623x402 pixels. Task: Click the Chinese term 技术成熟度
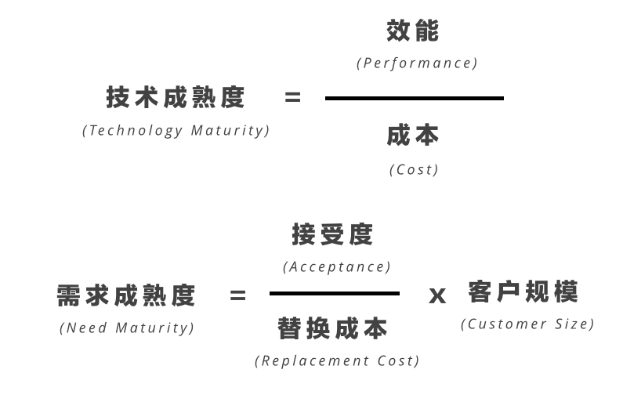(x=176, y=97)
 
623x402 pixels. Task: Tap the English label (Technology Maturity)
(x=176, y=130)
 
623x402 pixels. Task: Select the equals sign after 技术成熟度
(x=293, y=97)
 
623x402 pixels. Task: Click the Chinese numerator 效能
(x=413, y=31)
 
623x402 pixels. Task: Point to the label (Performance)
(x=417, y=63)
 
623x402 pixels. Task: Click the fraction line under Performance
(x=415, y=98)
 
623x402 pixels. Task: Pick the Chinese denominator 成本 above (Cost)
(x=413, y=135)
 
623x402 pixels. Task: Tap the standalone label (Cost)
(x=414, y=169)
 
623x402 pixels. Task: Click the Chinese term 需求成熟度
(x=126, y=295)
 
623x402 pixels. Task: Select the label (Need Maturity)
(x=127, y=328)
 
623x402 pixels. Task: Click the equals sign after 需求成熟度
(x=238, y=295)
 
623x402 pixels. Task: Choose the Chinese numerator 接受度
(x=332, y=234)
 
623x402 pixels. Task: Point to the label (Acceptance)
(x=336, y=266)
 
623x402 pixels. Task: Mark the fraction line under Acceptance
(x=335, y=294)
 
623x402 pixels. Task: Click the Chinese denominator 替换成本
(x=332, y=328)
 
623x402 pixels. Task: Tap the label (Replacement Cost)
(x=337, y=360)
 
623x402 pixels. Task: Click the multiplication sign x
(x=437, y=296)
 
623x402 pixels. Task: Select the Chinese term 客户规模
(x=523, y=292)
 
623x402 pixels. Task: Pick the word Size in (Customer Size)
(x=571, y=324)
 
